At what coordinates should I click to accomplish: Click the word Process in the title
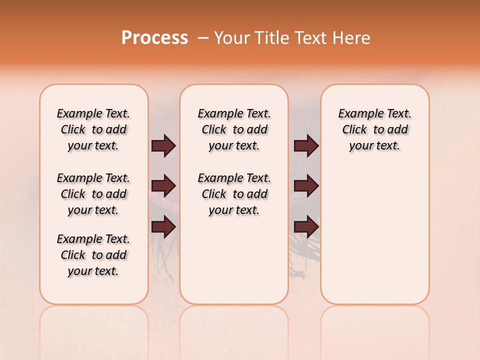point(154,38)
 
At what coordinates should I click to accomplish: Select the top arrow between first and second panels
point(163,146)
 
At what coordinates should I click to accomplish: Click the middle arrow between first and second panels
point(163,186)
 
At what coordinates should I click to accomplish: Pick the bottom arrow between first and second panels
point(163,227)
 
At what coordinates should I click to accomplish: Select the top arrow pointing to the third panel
point(306,146)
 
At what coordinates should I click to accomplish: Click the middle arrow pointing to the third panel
point(306,186)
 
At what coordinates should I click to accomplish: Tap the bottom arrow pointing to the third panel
point(306,227)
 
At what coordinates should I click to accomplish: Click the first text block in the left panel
point(93,129)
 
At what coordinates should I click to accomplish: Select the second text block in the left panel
point(93,194)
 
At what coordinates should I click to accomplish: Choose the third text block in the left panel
point(93,255)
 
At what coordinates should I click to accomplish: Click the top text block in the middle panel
point(234,129)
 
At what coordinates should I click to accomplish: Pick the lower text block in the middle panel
point(234,194)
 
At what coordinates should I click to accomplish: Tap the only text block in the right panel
point(374,129)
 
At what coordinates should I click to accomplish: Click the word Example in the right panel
point(357,114)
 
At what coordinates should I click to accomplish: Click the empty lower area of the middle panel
point(234,260)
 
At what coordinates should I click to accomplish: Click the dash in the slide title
point(203,38)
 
